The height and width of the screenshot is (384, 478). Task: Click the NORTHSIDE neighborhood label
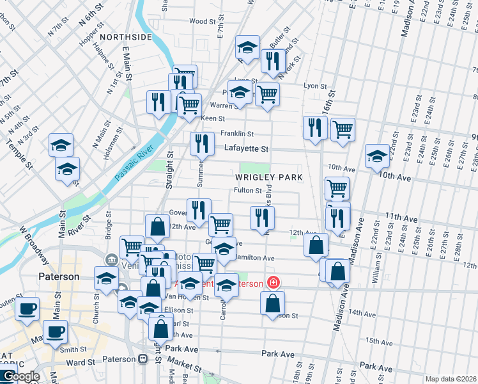(125, 37)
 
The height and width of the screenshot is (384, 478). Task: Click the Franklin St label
(237, 134)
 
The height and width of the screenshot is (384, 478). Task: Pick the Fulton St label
(248, 190)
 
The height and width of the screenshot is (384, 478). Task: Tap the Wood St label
(204, 21)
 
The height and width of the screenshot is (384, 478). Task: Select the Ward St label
(80, 362)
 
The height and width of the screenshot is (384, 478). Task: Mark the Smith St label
(73, 349)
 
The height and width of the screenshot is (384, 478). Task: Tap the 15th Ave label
(379, 342)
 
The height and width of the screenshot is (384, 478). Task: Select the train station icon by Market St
(142, 359)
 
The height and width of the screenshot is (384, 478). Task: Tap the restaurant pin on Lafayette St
(202, 144)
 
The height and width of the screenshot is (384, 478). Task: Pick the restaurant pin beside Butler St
(273, 61)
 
